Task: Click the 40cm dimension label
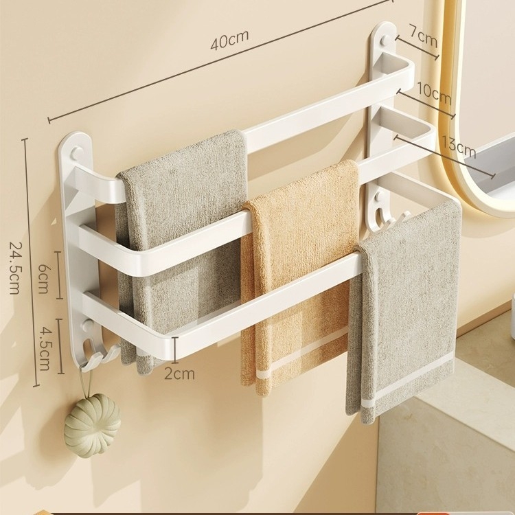tap(229, 41)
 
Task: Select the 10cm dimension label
tap(434, 93)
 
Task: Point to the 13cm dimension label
tap(458, 147)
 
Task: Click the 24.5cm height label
tap(15, 268)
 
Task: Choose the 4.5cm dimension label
tap(44, 348)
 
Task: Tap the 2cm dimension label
tap(179, 374)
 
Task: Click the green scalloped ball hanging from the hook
tap(92, 425)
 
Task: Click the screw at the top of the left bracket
tap(76, 152)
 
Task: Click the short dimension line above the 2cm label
tap(175, 350)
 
